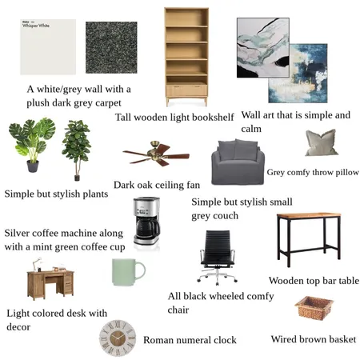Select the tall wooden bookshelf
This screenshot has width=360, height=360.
coord(186,56)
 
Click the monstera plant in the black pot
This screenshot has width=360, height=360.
coord(31,144)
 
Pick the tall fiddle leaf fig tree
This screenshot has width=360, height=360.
coord(77,148)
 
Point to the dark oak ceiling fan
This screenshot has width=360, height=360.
coord(155,153)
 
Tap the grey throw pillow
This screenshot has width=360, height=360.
coord(322,143)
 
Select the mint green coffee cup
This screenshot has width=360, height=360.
coord(126,272)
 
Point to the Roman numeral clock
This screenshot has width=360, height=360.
coord(117,339)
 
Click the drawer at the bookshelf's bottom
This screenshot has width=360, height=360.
coord(186,90)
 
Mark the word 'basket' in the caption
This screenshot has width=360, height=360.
coord(339,340)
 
